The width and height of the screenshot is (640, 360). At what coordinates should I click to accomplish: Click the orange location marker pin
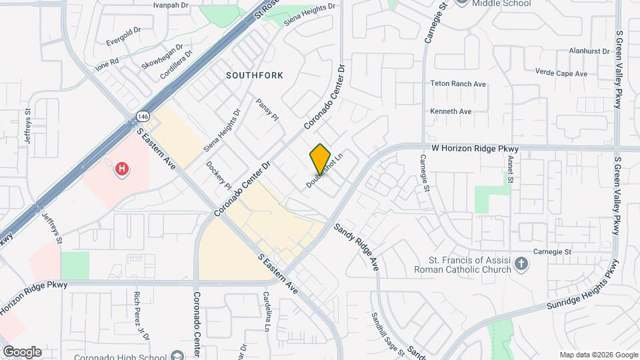pos(320,158)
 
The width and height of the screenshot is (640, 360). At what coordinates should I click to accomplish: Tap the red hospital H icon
pos(122,169)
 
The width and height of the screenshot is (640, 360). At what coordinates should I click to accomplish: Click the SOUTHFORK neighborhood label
pos(255,75)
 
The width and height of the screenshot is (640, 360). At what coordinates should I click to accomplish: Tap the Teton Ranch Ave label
pos(459,84)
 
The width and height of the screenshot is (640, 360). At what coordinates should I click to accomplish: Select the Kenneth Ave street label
pos(451,111)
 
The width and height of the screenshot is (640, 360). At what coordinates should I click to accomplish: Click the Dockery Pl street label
pos(217,175)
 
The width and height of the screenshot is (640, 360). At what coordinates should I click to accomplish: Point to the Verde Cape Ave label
pos(561,73)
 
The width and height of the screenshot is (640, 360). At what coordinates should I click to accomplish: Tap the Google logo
pos(21,351)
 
